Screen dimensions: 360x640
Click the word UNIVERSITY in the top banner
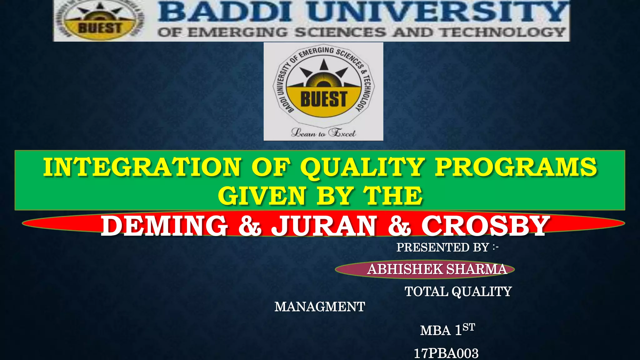point(437,12)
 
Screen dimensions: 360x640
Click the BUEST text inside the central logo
point(323,99)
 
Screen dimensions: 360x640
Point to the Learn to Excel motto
point(323,133)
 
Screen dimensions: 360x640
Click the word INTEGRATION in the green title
point(142,167)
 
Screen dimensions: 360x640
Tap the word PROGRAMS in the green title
point(516,167)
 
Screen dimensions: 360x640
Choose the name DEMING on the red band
point(164,226)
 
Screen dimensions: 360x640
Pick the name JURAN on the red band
point(324,226)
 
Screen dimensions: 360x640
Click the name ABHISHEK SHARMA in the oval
point(437,269)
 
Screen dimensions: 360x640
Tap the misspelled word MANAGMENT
point(320,307)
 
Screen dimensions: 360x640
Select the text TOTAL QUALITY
point(458,292)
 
